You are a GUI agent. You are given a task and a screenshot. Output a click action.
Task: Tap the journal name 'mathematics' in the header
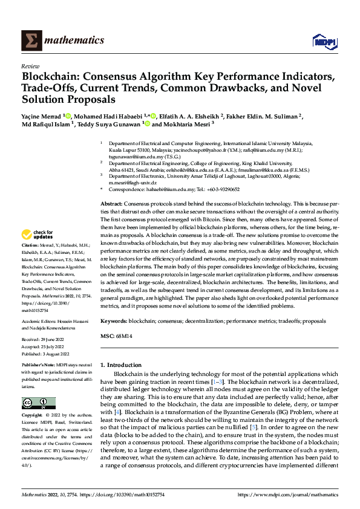point(73,41)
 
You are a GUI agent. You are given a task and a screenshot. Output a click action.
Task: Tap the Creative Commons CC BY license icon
point(38,403)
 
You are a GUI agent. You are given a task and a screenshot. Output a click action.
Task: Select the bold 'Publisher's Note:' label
point(40,366)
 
